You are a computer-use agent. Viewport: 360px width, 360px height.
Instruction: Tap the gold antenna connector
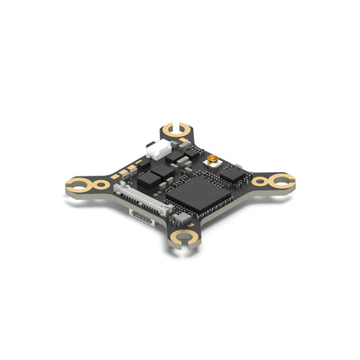point(211,163)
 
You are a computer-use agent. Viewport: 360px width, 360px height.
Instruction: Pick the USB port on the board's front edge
point(142,217)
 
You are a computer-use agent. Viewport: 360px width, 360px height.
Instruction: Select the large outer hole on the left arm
point(80,183)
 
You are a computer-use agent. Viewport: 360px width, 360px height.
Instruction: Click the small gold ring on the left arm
point(102,184)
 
